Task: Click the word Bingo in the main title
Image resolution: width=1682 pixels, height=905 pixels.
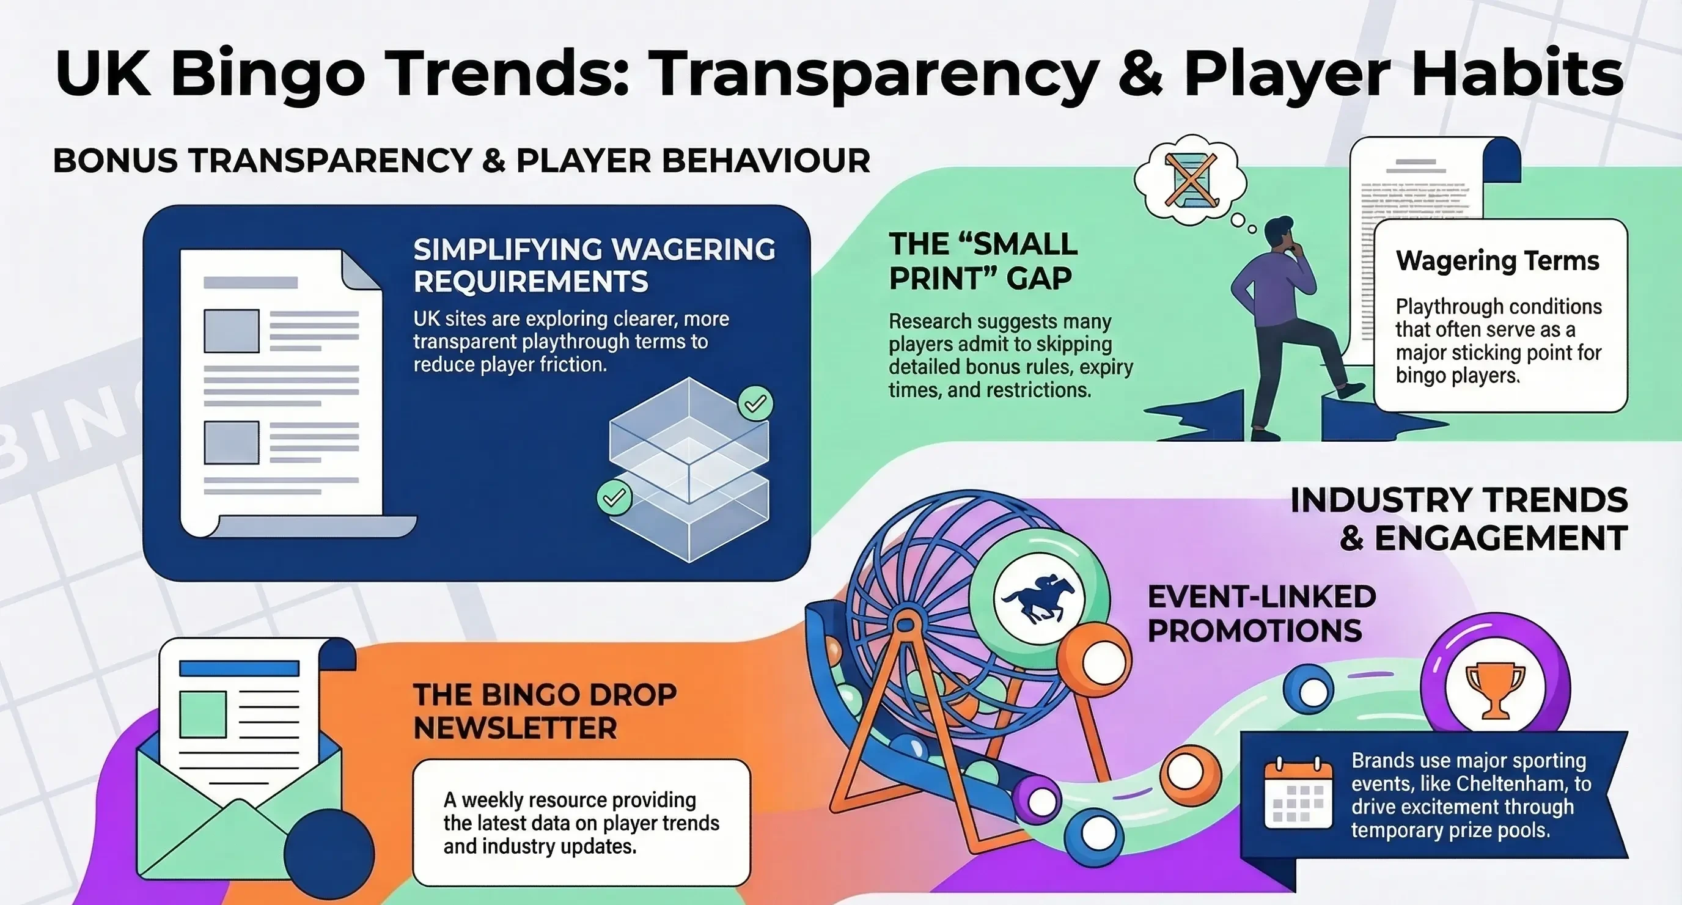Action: (268, 73)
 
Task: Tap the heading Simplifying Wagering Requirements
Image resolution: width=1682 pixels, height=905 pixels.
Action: (594, 265)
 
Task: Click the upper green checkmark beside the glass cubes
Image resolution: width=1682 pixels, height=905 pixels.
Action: (755, 404)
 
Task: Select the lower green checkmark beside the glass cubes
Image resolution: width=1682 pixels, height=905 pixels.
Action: (614, 497)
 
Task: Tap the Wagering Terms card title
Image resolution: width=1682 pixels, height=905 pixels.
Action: (1497, 260)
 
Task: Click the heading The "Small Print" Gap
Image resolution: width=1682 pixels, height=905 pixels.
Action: (983, 261)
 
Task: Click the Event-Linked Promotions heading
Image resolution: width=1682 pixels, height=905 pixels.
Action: (1261, 614)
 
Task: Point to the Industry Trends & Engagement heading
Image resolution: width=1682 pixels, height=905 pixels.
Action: (1459, 519)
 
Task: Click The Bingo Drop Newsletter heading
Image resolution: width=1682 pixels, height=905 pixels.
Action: (545, 711)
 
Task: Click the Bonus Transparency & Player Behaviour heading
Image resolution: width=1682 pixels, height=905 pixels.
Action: (461, 161)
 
